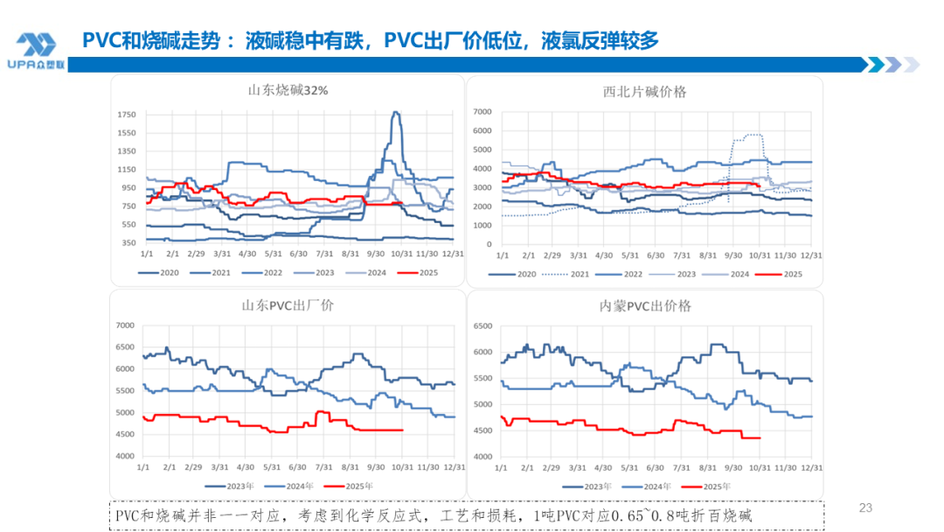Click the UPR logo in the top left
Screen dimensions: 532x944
35,51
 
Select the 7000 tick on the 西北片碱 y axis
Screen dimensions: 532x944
483,111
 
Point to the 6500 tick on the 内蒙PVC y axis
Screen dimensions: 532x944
483,325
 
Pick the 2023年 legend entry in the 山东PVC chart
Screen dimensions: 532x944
230,486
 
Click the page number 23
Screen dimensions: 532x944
866,507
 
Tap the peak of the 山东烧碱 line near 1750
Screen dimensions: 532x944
396,112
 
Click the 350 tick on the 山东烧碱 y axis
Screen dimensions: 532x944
128,242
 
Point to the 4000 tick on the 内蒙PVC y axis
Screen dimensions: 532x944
483,457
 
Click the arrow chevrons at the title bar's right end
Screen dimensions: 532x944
892,65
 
